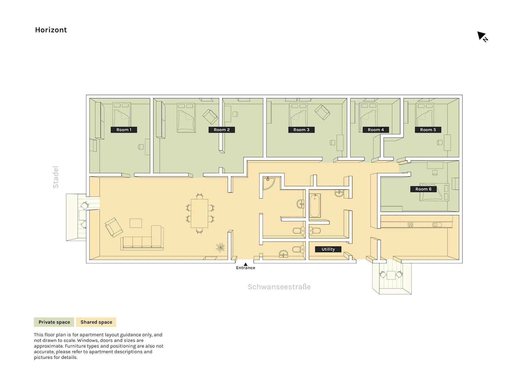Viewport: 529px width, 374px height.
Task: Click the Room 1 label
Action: pos(124,130)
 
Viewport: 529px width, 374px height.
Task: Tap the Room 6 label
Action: pos(423,189)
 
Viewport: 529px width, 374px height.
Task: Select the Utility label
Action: pos(328,249)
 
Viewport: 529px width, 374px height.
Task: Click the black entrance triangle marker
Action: pos(245,264)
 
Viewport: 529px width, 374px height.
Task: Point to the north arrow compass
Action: pos(482,37)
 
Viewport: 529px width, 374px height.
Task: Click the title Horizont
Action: pos(51,30)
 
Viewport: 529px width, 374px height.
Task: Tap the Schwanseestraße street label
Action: pos(279,287)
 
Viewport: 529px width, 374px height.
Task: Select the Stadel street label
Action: pos(56,177)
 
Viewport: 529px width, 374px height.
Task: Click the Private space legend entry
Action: pos(54,322)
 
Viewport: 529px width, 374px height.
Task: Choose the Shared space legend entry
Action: pos(96,322)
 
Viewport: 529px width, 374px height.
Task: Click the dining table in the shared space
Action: pos(199,213)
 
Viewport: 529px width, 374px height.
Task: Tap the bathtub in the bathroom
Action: pos(315,206)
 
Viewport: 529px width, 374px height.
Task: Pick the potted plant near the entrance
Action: pos(220,247)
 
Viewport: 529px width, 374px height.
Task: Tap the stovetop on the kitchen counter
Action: pos(410,225)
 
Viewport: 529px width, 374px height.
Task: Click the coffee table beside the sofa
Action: pos(136,223)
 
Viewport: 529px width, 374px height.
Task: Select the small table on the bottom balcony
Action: pos(391,275)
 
